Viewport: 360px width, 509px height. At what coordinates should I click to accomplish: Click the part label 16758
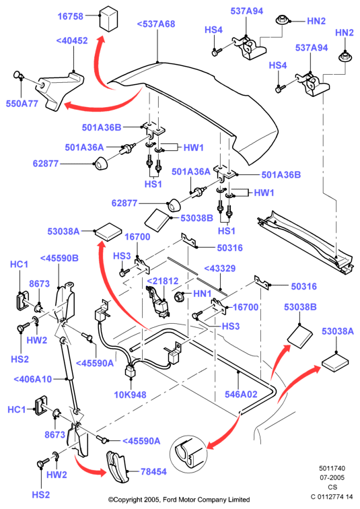coord(71,16)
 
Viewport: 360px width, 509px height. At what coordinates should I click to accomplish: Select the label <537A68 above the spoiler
coord(156,24)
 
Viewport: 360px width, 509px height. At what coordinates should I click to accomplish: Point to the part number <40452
coord(72,40)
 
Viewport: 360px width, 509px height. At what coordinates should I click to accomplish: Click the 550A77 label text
coord(22,104)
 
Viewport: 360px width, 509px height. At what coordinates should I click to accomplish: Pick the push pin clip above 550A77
coord(18,75)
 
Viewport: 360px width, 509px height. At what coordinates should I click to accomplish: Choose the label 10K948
coord(130,395)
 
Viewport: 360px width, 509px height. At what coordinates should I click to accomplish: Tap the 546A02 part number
coord(241,394)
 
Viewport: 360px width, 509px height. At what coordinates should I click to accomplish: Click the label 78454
coord(153,471)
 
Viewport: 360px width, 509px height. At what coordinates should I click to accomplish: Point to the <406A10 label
coord(33,379)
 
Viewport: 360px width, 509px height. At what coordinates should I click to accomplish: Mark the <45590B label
coord(59,258)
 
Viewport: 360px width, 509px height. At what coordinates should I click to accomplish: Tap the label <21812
coord(163,281)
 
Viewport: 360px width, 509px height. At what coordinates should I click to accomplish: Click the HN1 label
coord(203,294)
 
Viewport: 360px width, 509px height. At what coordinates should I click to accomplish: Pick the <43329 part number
coord(220,269)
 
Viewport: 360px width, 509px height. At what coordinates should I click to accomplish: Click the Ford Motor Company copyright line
coord(179,500)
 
